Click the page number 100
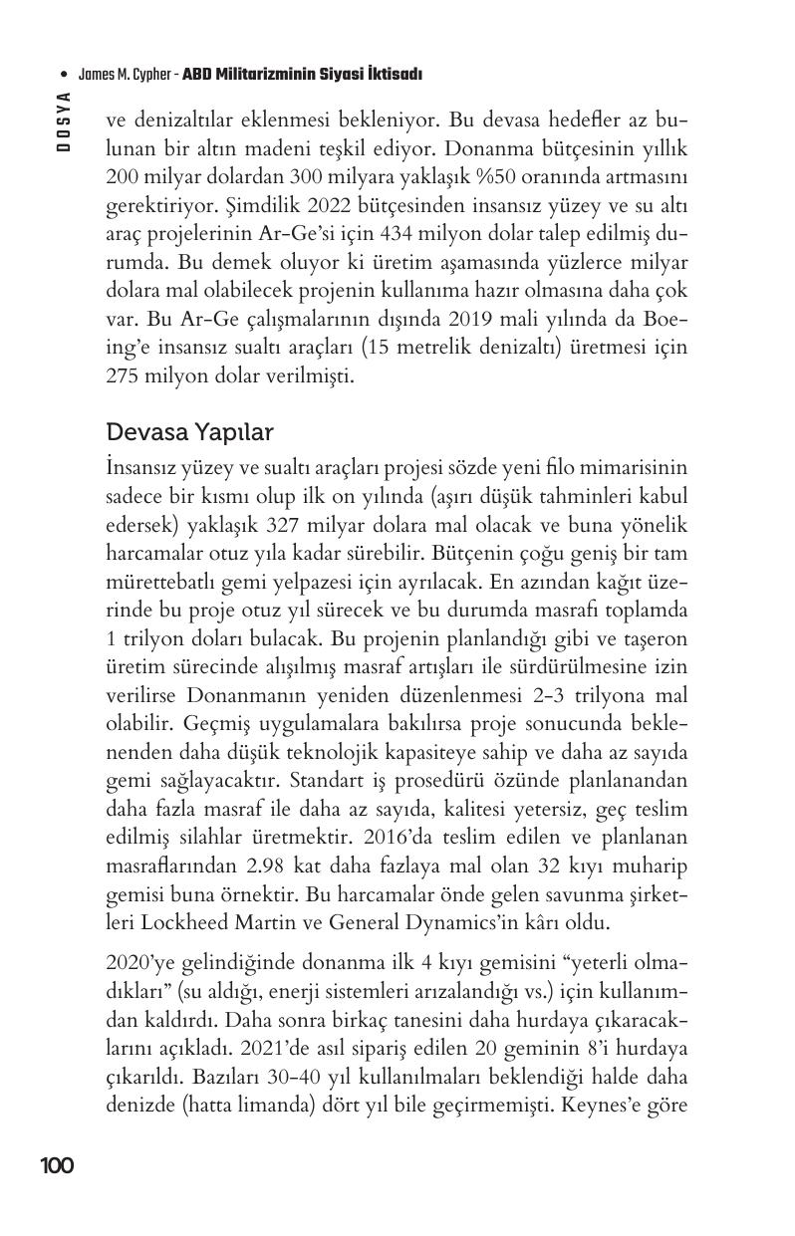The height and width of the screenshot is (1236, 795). coord(57,1165)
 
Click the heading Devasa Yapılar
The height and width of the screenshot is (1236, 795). coord(189,433)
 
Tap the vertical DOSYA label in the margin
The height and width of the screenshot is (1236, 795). coord(64,121)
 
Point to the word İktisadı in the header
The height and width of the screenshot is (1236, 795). coord(396,75)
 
